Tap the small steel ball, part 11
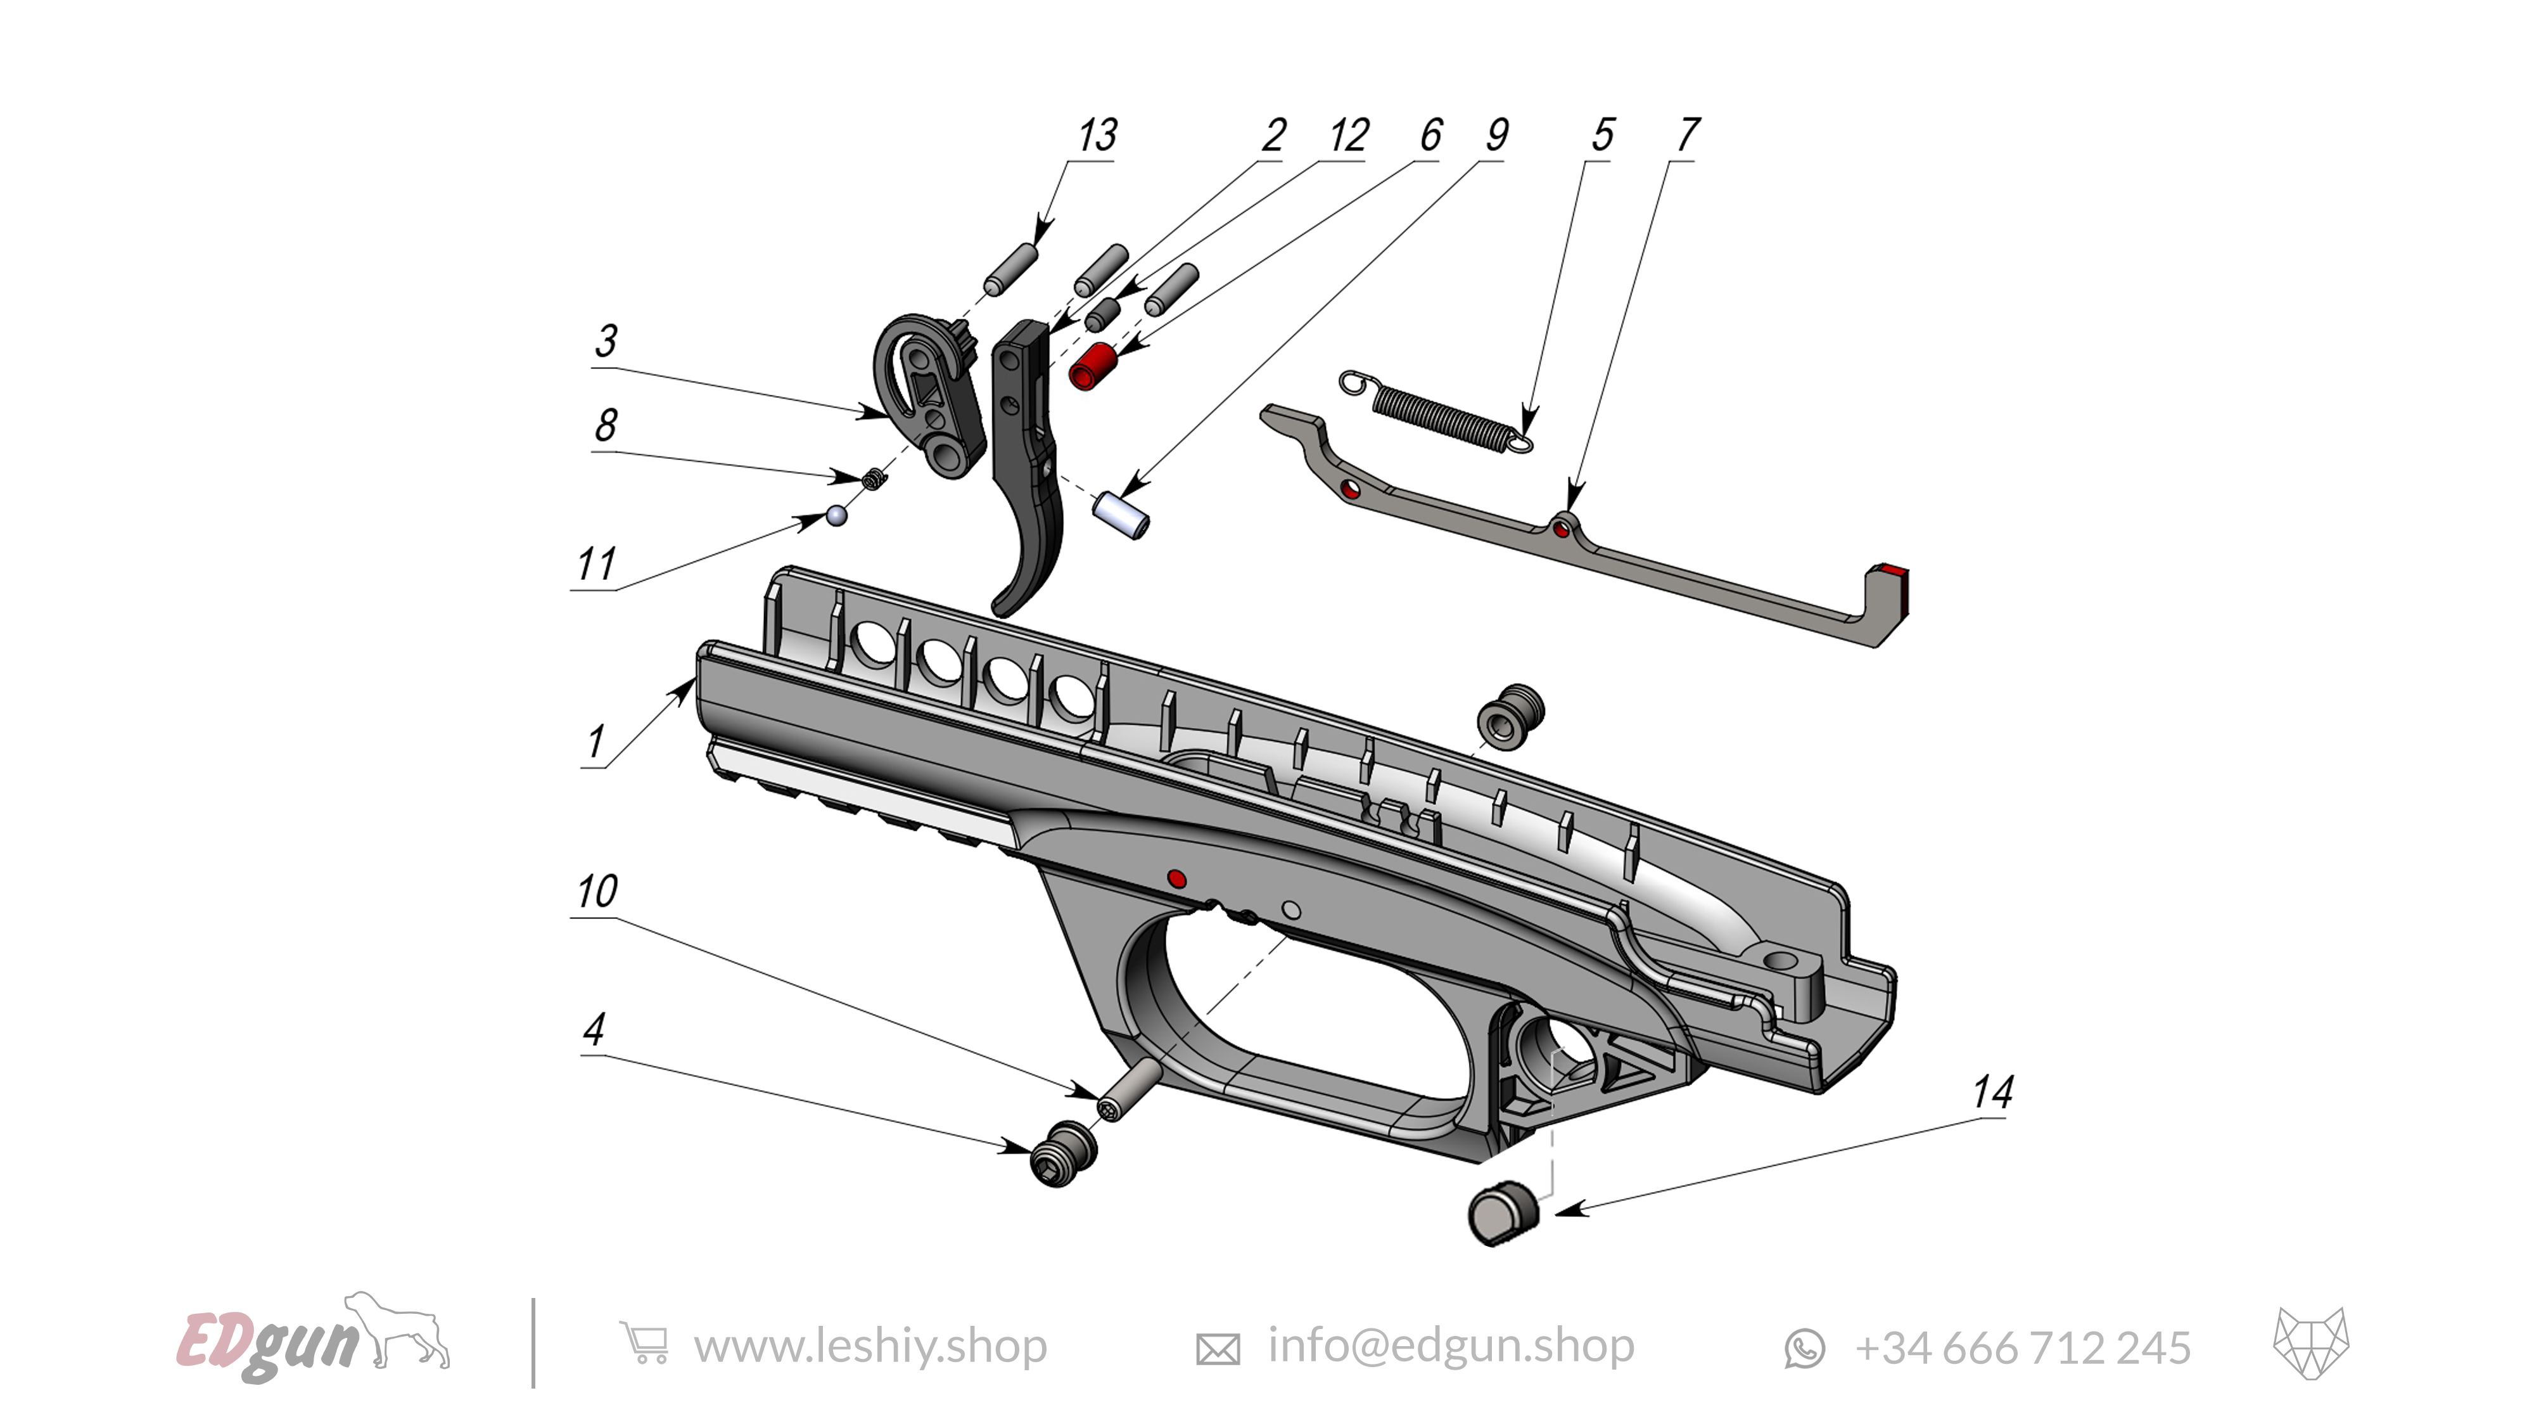(x=836, y=515)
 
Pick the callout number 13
(x=1097, y=136)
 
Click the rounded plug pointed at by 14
(x=1500, y=1214)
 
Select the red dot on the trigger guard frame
(x=1176, y=878)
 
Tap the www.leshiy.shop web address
(x=870, y=1346)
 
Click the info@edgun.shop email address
(x=1450, y=1346)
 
